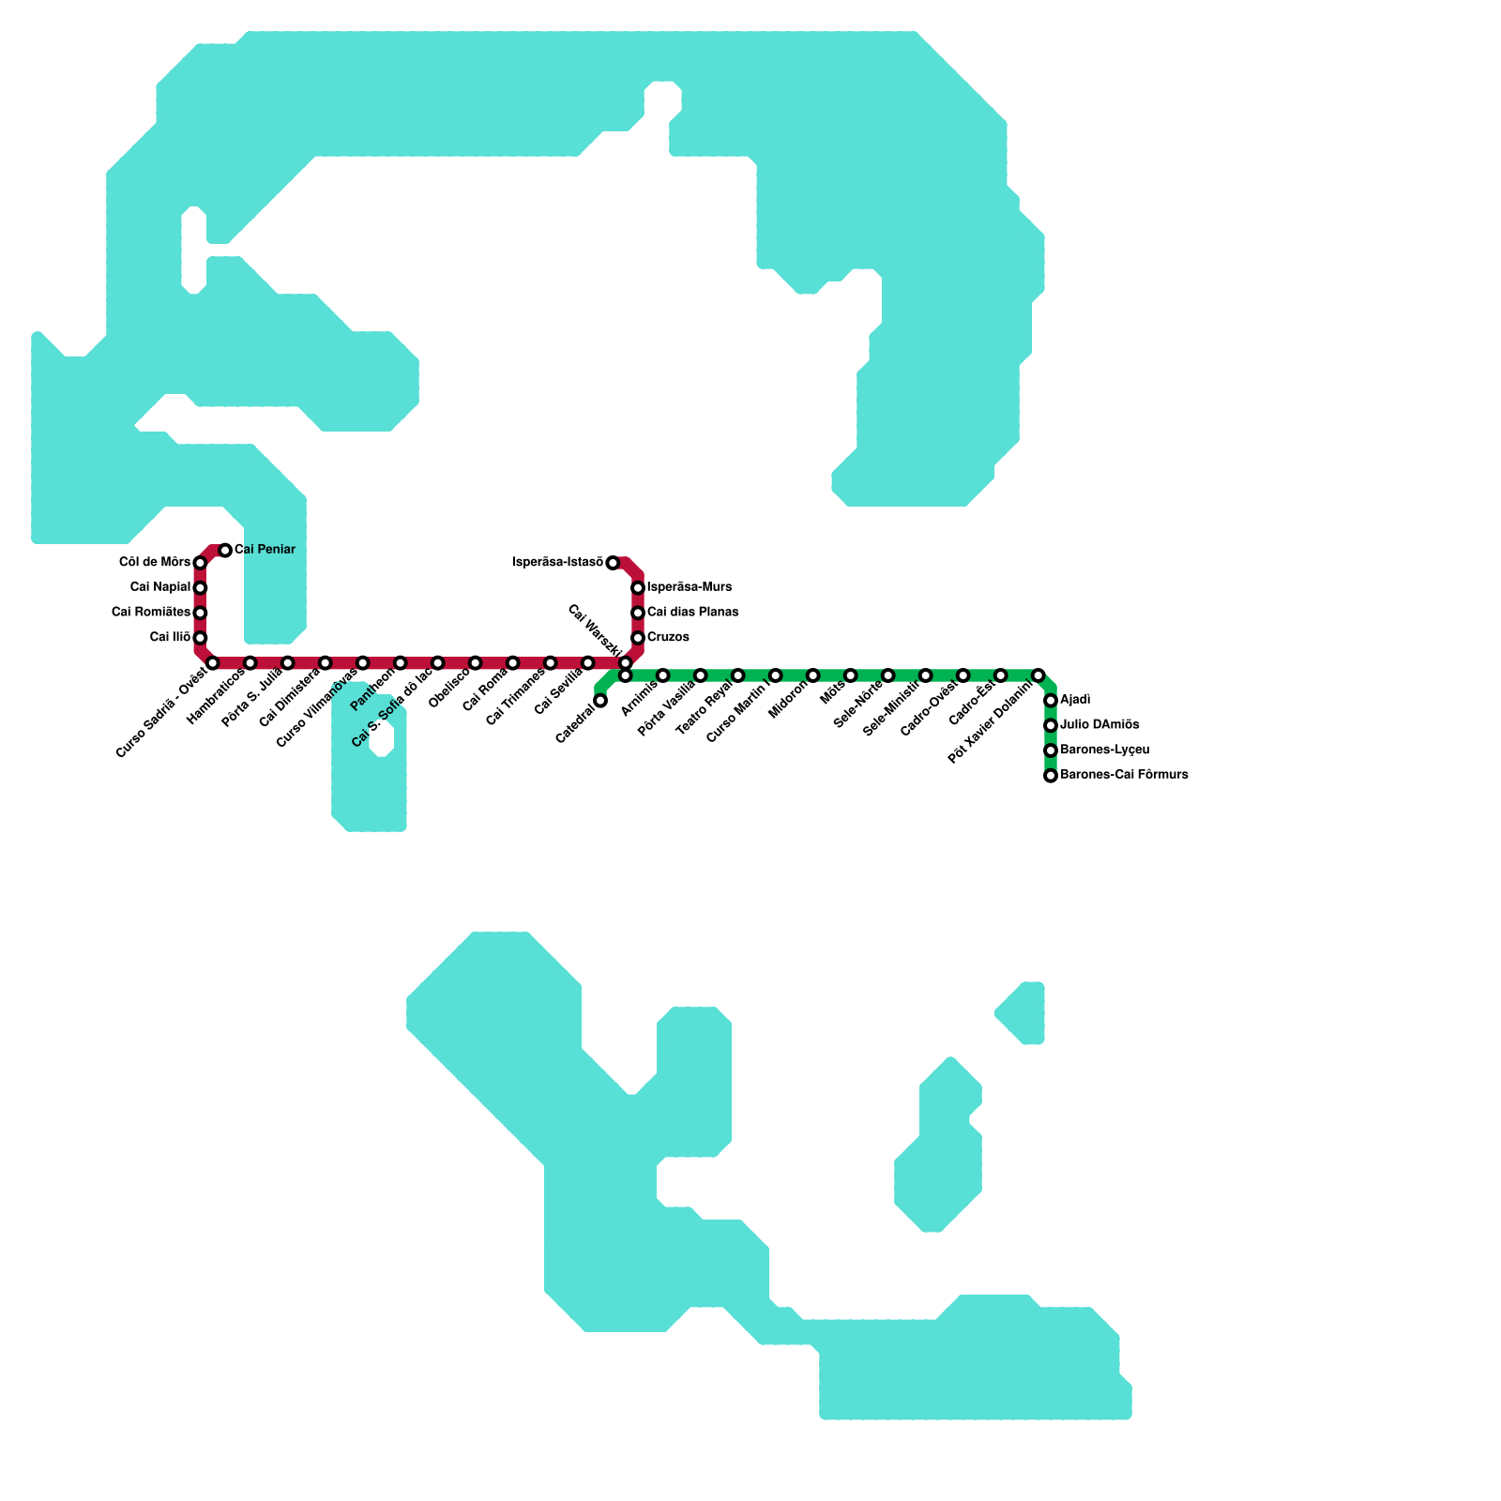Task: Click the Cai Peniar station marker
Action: [225, 550]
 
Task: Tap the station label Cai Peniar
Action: [265, 550]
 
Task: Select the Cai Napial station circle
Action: [200, 588]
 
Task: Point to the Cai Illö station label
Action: [170, 638]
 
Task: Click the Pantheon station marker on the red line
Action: [401, 663]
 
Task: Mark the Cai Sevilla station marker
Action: [588, 663]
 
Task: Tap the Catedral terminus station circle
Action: [600, 701]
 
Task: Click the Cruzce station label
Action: [668, 638]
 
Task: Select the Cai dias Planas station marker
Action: [638, 613]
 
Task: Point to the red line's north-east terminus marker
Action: [613, 563]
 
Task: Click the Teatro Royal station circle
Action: [738, 675]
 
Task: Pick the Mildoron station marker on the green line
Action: [813, 675]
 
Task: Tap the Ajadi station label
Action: [1075, 701]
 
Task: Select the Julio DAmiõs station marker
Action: [1051, 725]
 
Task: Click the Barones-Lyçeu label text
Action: [1104, 750]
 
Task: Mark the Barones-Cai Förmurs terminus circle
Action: [1051, 776]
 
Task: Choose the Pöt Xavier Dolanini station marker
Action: [1039, 675]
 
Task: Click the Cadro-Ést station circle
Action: [1001, 675]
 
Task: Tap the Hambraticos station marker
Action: [250, 663]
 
